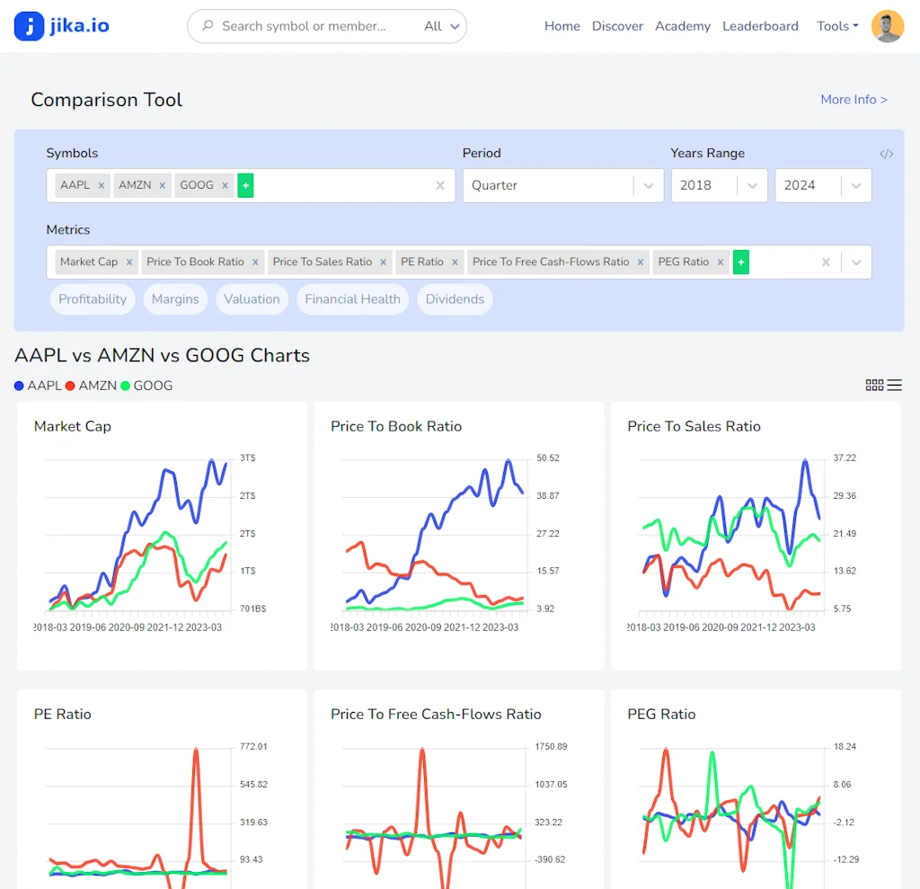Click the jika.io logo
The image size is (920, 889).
pos(62,26)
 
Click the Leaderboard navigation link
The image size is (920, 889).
pos(760,26)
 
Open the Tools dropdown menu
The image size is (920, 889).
pos(837,26)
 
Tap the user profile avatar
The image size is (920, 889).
pos(888,26)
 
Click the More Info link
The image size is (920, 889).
pos(854,100)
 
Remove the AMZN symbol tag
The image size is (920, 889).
pos(162,186)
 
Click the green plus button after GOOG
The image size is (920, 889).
pos(246,186)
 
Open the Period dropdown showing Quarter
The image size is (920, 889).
pos(562,185)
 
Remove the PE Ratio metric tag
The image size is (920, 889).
pos(455,262)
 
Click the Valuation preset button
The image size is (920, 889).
pos(252,299)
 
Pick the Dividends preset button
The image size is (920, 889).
pos(455,299)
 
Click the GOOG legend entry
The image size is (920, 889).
pos(146,386)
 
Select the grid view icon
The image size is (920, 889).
pos(874,385)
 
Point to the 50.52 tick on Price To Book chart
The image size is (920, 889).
pos(548,458)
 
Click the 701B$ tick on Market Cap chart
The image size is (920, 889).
pos(252,609)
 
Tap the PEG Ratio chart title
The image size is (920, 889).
pos(661,715)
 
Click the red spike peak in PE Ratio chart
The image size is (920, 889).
pos(196,750)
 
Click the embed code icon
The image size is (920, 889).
pos(887,154)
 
